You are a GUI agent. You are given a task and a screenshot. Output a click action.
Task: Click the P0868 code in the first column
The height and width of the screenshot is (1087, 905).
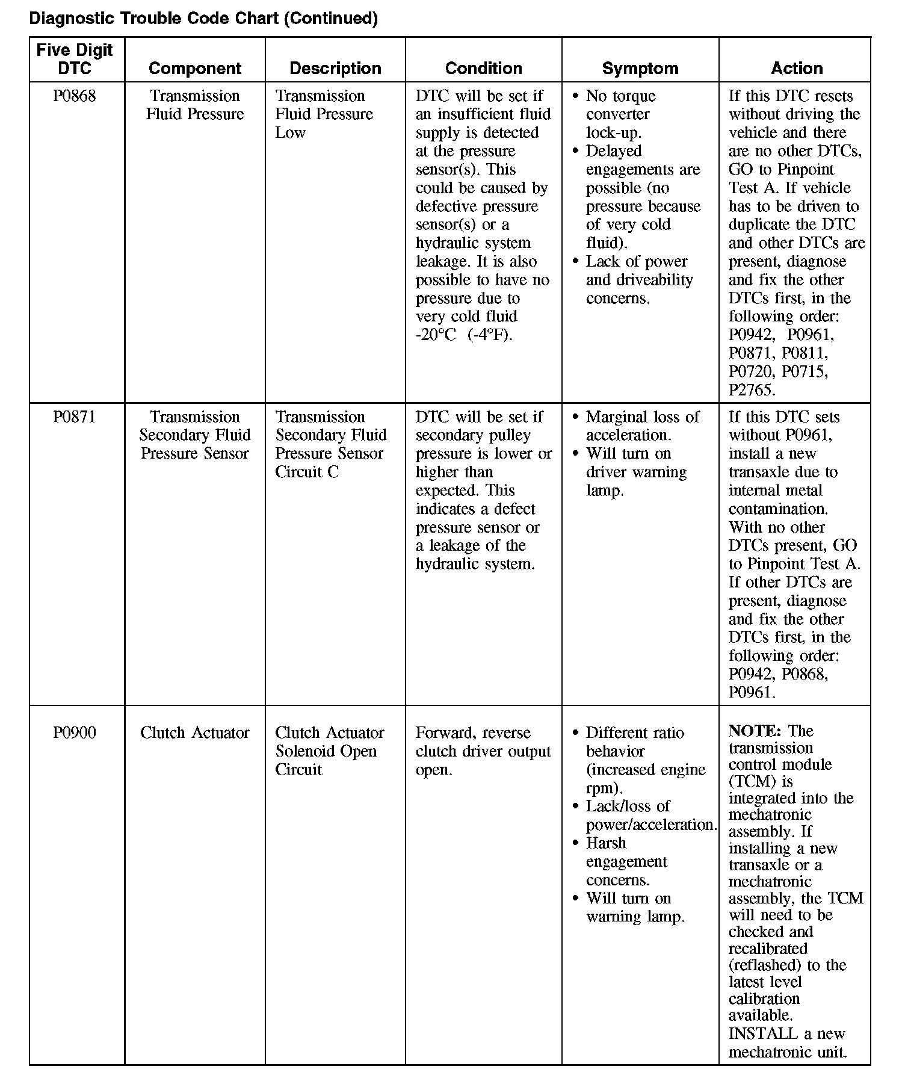74,96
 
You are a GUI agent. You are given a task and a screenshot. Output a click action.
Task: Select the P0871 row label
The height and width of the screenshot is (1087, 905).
74,417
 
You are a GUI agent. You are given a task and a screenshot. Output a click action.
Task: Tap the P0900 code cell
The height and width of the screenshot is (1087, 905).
74,733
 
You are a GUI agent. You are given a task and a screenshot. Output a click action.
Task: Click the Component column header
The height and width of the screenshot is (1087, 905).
195,68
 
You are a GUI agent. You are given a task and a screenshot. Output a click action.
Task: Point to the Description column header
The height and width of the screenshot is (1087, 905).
335,68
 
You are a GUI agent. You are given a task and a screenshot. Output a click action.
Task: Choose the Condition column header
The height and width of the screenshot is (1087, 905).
484,68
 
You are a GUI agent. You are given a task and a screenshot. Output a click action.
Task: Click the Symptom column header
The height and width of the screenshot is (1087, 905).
640,68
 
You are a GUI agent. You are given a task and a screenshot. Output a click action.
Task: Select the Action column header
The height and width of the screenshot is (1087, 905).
797,68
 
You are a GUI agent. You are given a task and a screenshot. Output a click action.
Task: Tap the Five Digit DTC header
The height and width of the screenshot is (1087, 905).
75,59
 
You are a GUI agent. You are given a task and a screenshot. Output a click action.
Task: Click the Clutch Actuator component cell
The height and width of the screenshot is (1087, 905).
195,733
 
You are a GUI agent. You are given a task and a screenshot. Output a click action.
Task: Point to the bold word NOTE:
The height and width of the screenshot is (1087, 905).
755,731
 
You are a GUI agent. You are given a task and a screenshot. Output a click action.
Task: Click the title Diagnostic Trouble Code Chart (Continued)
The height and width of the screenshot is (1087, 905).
203,19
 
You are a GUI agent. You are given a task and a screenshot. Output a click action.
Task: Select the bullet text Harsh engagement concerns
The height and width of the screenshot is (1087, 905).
627,861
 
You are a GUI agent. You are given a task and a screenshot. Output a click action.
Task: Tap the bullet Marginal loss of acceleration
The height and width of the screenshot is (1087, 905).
642,426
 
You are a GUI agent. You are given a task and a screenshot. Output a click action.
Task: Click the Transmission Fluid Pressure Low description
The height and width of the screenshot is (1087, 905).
324,114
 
